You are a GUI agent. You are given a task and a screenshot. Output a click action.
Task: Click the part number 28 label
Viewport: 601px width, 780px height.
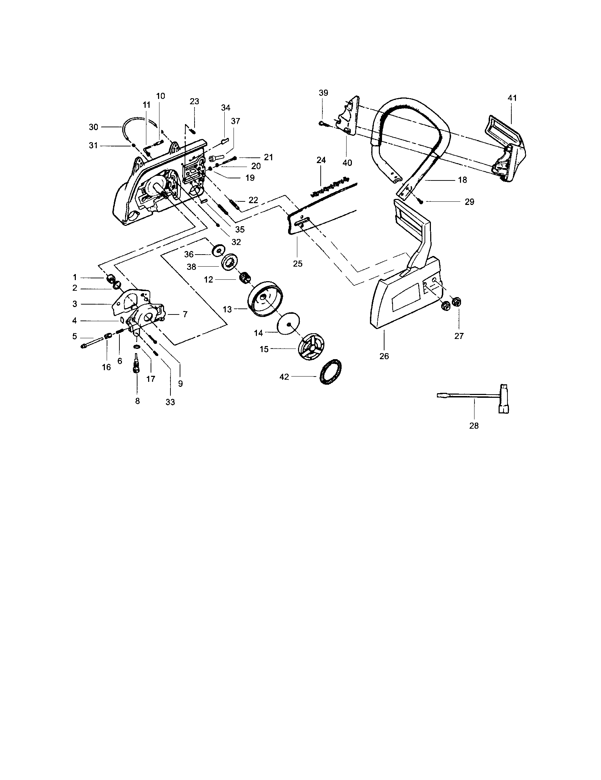click(x=473, y=426)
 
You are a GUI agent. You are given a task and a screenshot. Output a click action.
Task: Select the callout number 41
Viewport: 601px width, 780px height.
click(x=512, y=98)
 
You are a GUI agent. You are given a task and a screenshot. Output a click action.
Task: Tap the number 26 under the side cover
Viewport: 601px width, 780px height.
click(x=384, y=356)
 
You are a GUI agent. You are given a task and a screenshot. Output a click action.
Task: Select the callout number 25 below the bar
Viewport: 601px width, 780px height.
click(x=298, y=263)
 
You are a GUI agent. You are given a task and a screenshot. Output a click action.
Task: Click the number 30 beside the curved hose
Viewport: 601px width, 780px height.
click(x=93, y=127)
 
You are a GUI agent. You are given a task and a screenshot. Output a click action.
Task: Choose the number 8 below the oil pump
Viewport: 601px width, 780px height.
click(x=137, y=401)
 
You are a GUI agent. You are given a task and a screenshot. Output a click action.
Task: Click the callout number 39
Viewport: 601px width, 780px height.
click(x=323, y=93)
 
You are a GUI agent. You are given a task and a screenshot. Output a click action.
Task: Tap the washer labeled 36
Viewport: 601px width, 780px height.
click(x=217, y=250)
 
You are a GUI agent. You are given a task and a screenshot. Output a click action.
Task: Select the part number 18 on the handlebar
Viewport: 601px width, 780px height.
click(x=462, y=180)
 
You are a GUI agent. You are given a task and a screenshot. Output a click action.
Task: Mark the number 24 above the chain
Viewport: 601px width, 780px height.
click(x=321, y=160)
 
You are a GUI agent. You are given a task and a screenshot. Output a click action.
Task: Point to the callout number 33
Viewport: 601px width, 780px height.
click(x=170, y=402)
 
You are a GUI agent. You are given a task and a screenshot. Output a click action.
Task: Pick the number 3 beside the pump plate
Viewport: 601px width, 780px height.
click(x=74, y=304)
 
